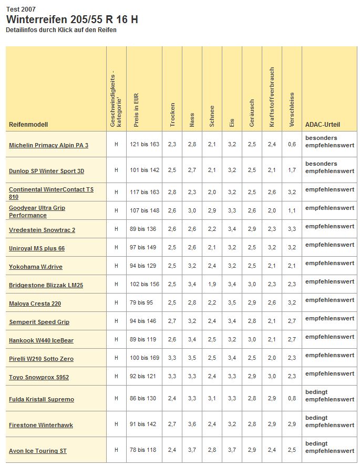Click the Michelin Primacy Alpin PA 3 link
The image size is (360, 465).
pyautogui.click(x=48, y=145)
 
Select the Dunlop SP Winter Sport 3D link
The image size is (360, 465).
pyautogui.click(x=46, y=171)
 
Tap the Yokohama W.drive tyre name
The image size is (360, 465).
pyautogui.click(x=35, y=267)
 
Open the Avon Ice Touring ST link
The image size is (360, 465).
pyautogui.click(x=37, y=451)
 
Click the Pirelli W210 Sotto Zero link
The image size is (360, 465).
pyautogui.click(x=41, y=359)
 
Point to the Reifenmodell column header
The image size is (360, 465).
pyautogui.click(x=28, y=125)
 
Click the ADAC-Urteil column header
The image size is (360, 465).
pyautogui.click(x=323, y=125)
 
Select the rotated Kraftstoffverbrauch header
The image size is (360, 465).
pyautogui.click(x=272, y=97)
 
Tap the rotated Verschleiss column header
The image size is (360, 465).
pyautogui.click(x=292, y=110)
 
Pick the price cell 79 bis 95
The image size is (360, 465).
pyautogui.click(x=142, y=303)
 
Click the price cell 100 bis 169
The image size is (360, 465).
pyautogui.click(x=144, y=358)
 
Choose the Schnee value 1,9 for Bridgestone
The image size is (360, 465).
pyautogui.click(x=212, y=285)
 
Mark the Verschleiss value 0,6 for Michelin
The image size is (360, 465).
pyautogui.click(x=292, y=144)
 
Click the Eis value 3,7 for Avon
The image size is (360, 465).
pyautogui.click(x=232, y=450)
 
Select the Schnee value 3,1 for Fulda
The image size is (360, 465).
pyautogui.click(x=212, y=399)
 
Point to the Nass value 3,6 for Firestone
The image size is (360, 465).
pyautogui.click(x=192, y=424)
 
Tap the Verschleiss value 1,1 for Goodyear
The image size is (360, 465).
pyautogui.click(x=292, y=210)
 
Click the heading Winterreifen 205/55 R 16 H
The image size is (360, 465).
pyautogui.click(x=72, y=19)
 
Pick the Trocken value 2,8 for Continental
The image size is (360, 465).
pyautogui.click(x=172, y=192)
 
